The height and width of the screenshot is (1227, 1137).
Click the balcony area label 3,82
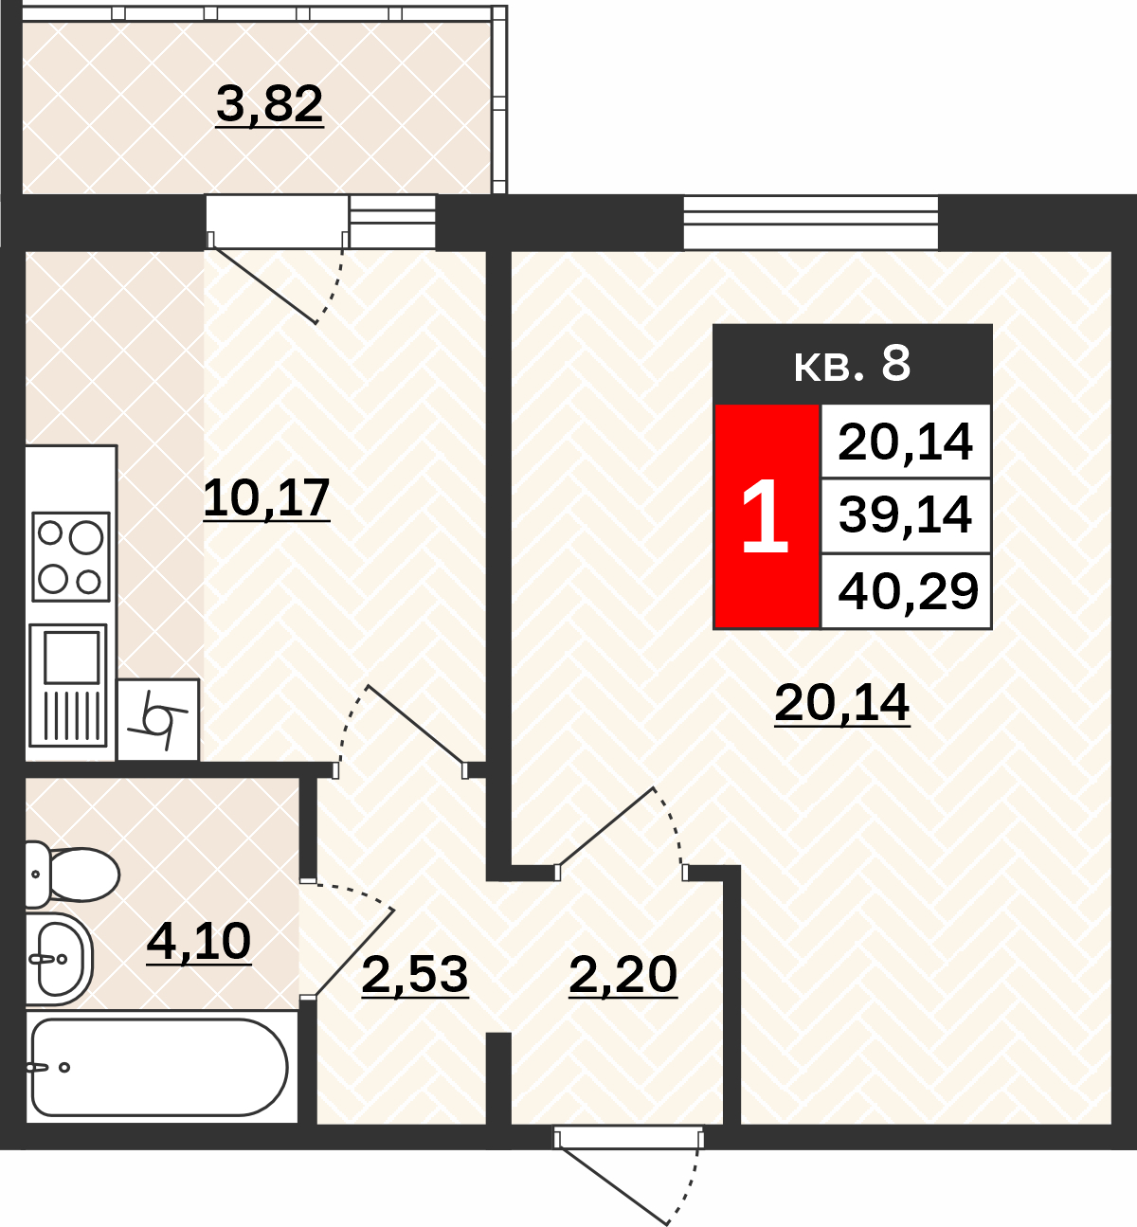point(269,104)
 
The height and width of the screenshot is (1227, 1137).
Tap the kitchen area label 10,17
point(266,498)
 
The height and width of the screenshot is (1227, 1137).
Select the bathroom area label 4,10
point(199,942)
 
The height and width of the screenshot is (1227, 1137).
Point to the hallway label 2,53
point(415,975)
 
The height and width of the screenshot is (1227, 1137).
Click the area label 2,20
point(623,975)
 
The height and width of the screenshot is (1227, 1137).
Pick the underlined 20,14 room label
point(841,703)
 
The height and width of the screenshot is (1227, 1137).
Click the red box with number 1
point(767,516)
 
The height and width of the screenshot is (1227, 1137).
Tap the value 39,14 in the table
point(905,515)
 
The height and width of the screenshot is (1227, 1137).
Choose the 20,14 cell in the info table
point(905,442)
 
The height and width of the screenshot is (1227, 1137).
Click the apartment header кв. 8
point(852,365)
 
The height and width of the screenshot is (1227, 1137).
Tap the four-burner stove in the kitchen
point(71,557)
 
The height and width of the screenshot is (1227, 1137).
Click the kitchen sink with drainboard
point(68,685)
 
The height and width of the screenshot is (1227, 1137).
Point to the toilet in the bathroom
point(72,875)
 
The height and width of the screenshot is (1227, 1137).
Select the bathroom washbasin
point(60,959)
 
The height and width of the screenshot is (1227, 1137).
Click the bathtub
point(157,1067)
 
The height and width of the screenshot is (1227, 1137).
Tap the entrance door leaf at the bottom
point(612,1177)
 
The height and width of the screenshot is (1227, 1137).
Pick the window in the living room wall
point(811,223)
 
